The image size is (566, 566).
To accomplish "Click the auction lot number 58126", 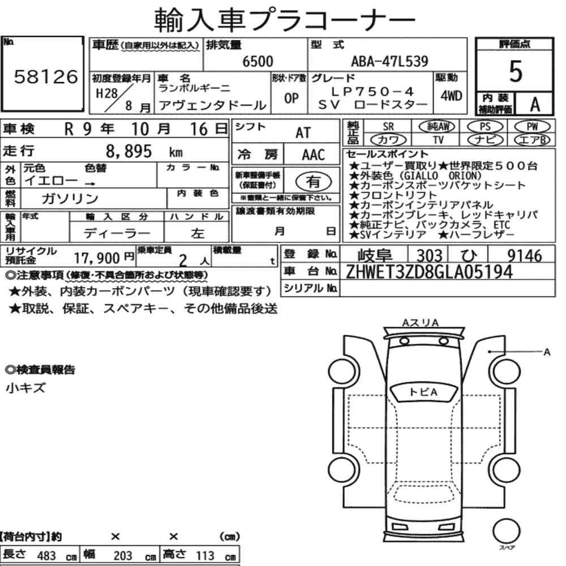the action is pos(46,76).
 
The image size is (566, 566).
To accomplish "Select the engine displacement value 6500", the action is pos(258,61).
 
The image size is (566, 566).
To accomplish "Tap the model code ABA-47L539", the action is pos(390,61).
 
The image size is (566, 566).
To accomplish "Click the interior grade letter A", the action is pos(535,105).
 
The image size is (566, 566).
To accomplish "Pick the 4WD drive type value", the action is pos(451,96).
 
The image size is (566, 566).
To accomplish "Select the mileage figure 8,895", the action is pos(129,152).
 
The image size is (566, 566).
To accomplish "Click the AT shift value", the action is pos(303,133).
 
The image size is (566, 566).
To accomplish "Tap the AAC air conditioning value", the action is pos(314,155).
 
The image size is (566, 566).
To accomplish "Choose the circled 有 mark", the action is pos(314,181).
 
